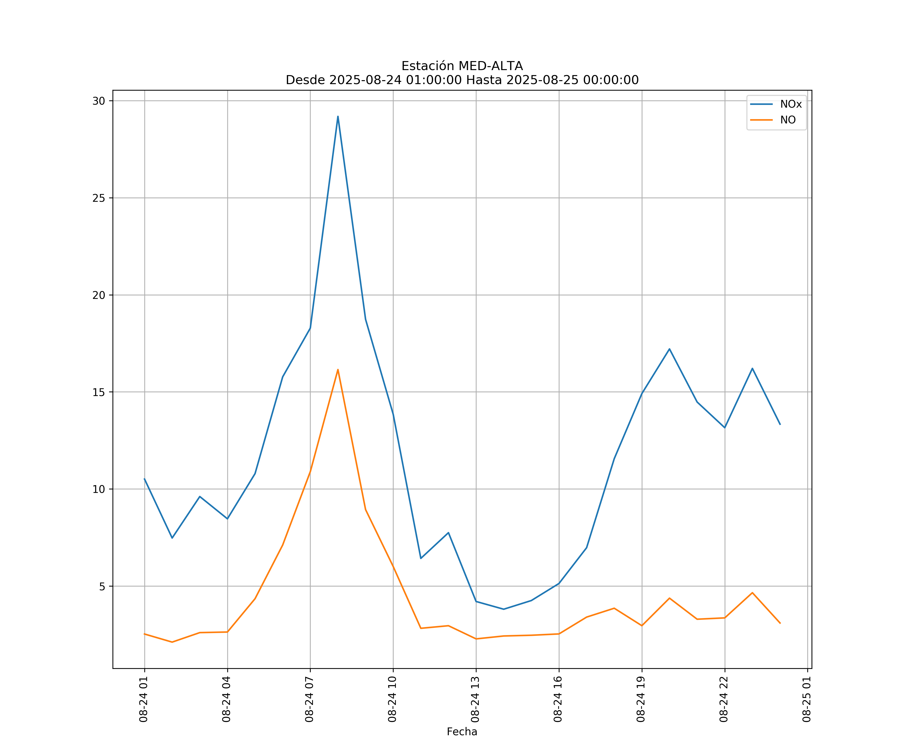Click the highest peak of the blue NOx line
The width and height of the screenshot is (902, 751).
click(338, 116)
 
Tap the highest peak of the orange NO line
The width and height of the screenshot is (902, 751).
click(338, 369)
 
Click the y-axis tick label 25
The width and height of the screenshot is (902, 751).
click(99, 198)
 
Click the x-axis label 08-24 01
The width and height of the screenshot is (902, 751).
click(144, 699)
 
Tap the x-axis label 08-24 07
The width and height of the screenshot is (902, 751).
click(309, 699)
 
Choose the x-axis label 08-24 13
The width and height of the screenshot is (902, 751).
click(475, 699)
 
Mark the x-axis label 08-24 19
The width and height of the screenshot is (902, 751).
click(641, 699)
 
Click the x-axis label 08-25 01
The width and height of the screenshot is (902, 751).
click(807, 699)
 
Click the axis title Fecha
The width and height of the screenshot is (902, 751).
click(462, 732)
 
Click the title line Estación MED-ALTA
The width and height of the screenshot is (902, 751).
click(462, 66)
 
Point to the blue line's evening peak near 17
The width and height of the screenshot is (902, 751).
click(669, 349)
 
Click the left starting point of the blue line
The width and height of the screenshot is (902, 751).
click(144, 478)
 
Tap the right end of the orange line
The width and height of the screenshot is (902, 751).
click(780, 623)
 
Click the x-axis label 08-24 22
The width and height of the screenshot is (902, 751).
click(724, 699)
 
